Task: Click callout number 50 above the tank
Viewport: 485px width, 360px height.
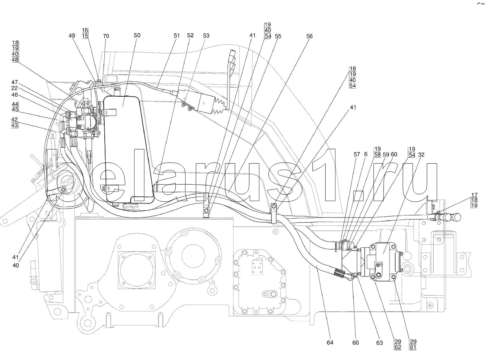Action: tap(137, 35)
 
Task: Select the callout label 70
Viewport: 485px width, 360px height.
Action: tap(106, 36)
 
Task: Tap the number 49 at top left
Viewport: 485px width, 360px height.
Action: tap(72, 36)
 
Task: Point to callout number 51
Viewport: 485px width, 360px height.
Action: tap(177, 35)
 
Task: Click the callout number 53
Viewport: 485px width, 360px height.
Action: tap(206, 36)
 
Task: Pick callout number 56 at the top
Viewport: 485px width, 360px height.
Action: tap(309, 36)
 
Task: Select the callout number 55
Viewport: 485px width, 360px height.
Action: tap(278, 36)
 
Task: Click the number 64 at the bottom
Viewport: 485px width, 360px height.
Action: tap(330, 343)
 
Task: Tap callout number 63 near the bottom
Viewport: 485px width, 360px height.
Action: tap(379, 343)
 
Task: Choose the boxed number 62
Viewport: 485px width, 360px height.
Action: tap(398, 348)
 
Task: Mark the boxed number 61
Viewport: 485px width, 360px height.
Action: tap(413, 348)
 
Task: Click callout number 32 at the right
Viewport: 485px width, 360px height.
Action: tap(421, 155)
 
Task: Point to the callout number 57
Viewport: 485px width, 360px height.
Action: tap(357, 155)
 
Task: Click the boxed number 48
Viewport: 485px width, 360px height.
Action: tap(15, 59)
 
